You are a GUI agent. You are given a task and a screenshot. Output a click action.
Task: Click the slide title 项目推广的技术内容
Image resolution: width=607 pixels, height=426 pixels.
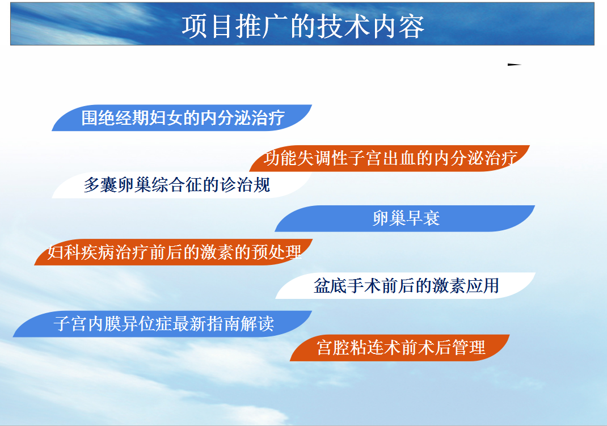[303, 27]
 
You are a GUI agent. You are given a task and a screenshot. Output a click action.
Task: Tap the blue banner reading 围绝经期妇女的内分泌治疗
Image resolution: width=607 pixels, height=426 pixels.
[182, 117]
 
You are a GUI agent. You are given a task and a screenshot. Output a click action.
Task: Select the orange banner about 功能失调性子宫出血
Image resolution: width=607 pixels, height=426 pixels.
[390, 158]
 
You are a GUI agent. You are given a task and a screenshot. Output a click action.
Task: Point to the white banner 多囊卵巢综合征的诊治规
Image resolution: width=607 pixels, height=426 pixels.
[182, 185]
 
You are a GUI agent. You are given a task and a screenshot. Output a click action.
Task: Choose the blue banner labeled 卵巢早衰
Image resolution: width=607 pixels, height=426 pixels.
[405, 218]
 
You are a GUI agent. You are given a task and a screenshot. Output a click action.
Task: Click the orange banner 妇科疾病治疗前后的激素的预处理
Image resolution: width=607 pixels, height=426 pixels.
[174, 252]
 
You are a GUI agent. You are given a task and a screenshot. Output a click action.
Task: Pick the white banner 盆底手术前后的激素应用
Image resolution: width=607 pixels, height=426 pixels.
[405, 285]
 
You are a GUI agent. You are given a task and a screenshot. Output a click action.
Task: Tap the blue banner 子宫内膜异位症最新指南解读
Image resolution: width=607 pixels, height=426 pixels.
[163, 324]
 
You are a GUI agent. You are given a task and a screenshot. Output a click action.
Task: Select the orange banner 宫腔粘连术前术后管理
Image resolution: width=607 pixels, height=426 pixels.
[399, 348]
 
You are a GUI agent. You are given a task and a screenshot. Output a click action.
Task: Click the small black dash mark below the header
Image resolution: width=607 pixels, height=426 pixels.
[515, 65]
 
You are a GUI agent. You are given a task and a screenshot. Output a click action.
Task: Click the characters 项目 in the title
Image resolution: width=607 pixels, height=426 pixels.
[206, 27]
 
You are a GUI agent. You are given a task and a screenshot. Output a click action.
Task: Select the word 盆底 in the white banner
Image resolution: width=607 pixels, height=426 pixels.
[330, 286]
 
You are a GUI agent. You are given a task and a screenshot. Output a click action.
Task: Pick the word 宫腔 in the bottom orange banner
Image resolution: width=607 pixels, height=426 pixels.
[334, 348]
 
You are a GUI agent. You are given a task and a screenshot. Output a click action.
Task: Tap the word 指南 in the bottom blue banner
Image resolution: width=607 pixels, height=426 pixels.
[224, 324]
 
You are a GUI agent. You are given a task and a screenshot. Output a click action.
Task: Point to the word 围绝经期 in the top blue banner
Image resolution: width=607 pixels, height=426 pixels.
[115, 118]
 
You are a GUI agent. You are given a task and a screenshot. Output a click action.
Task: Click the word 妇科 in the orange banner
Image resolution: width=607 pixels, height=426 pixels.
[64, 252]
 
